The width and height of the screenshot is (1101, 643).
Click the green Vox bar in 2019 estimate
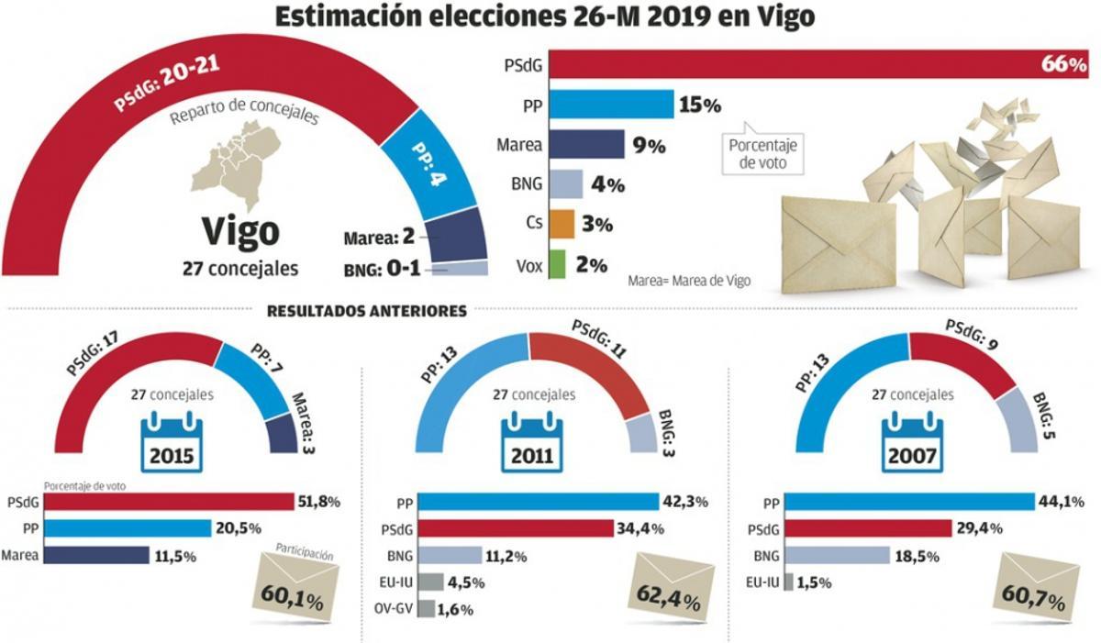(x=556, y=265)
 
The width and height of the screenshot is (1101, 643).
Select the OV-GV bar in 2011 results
(x=425, y=608)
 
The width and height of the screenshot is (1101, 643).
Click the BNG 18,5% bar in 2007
(x=837, y=555)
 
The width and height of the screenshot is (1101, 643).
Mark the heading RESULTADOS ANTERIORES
(x=367, y=312)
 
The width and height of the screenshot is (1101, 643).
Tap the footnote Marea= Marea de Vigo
(x=689, y=282)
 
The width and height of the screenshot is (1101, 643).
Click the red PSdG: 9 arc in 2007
(x=963, y=358)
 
